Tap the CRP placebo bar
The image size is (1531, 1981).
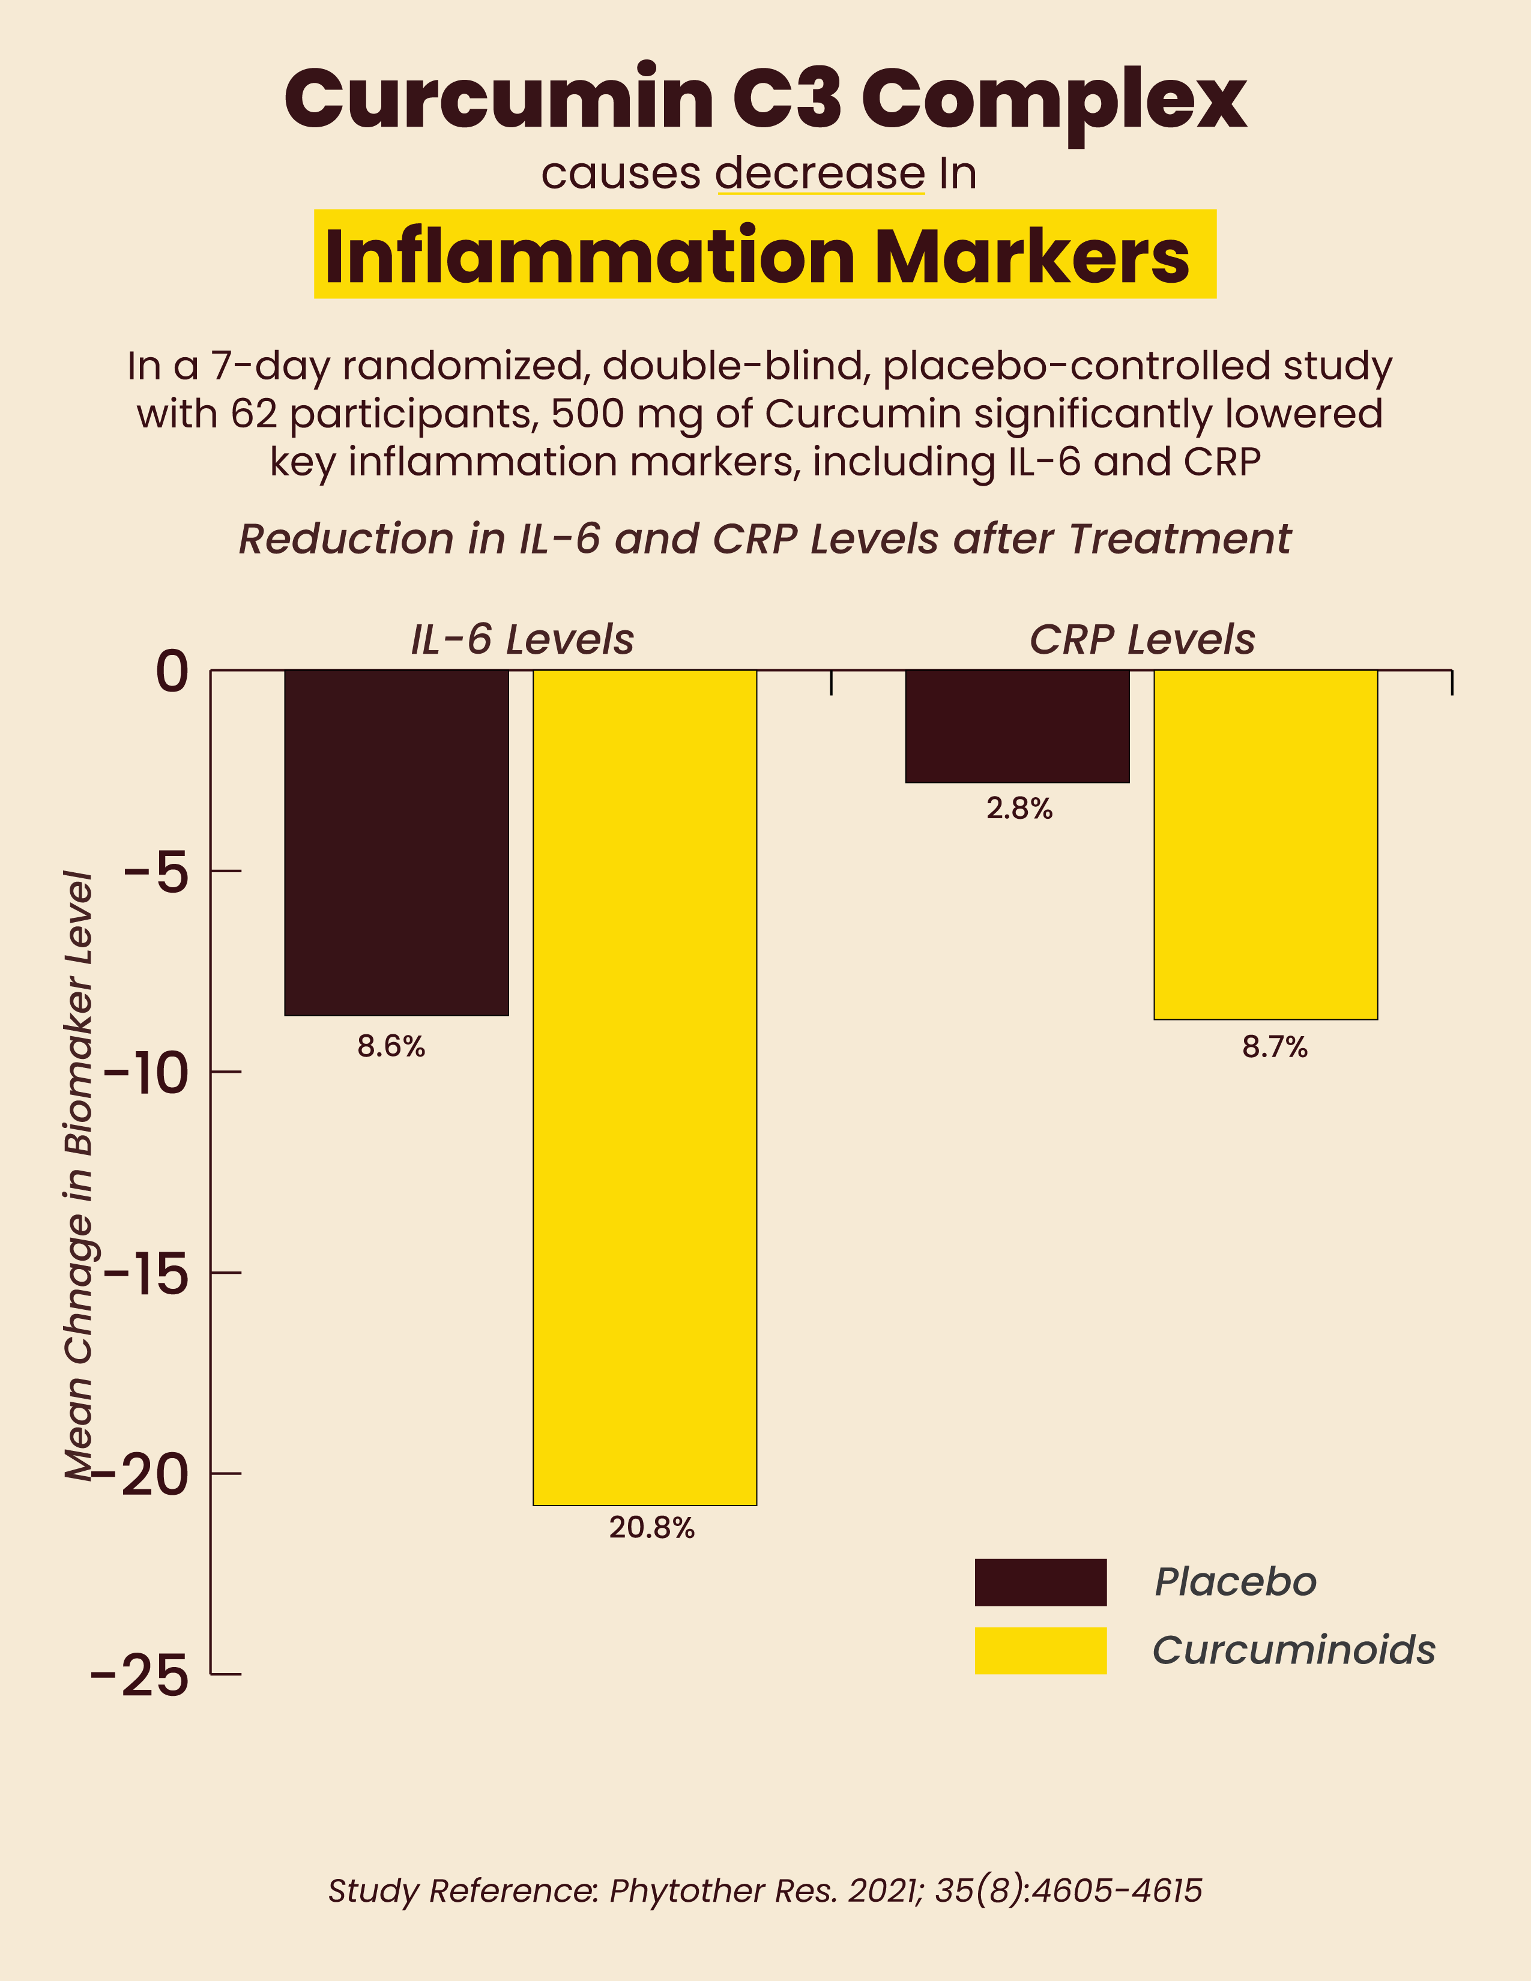(1016, 726)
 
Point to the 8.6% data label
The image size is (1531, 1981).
(391, 1047)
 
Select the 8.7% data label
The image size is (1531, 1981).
(1274, 1048)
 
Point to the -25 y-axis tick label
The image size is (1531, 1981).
(140, 1675)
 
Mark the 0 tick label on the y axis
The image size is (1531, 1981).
(172, 672)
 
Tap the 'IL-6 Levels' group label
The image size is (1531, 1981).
(522, 639)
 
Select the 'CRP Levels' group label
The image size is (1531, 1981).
(1142, 639)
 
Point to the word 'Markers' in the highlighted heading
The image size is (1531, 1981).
(1031, 257)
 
